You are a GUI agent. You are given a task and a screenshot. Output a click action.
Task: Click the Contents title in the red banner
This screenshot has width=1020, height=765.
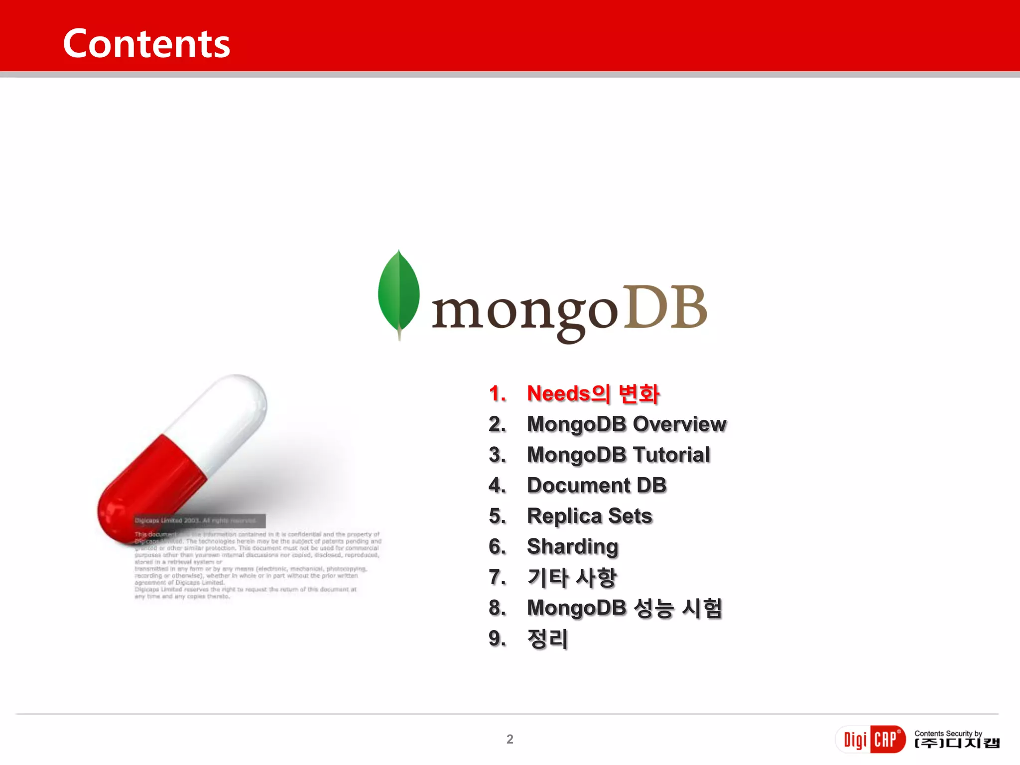coord(146,44)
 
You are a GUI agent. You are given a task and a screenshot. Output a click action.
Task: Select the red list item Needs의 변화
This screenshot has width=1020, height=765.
coord(593,394)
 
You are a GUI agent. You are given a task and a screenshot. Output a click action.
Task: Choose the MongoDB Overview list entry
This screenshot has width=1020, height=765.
coord(627,424)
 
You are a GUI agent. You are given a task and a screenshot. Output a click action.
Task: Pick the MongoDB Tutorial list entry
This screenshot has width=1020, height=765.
coord(618,455)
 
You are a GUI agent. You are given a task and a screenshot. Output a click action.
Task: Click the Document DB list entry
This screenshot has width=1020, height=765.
coord(597,486)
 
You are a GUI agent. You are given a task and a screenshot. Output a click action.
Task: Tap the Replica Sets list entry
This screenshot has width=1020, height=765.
coord(590,516)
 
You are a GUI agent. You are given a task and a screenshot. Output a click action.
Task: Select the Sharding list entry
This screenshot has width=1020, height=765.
coord(573,547)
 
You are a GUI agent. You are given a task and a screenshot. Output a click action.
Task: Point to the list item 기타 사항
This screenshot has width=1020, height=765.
coord(572,578)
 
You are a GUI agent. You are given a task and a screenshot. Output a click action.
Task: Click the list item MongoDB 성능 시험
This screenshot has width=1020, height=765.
coord(625,608)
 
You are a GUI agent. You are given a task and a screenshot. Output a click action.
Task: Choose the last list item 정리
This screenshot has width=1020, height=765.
coord(547,639)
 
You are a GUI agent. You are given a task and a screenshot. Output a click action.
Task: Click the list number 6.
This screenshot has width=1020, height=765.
coord(497,547)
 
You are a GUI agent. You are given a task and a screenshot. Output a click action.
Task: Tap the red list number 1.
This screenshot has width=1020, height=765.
coord(497,394)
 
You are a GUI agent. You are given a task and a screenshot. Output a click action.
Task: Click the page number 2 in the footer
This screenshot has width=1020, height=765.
coord(510,739)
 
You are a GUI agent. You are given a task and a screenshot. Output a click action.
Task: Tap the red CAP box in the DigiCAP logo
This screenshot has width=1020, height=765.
coord(887,739)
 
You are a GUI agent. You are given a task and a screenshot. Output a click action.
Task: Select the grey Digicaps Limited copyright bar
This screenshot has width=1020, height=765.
coord(199,520)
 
